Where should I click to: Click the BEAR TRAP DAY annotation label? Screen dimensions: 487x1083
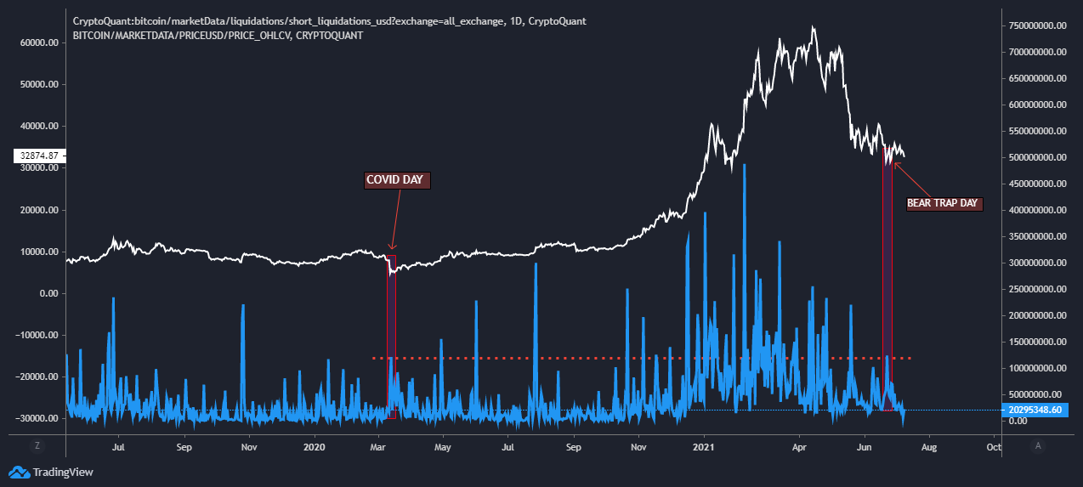[x=944, y=204]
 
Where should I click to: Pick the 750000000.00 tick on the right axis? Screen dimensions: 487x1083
[x=1036, y=25]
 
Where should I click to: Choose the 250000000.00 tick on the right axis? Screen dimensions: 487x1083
[x=1036, y=289]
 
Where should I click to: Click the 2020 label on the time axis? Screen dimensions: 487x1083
[x=315, y=445]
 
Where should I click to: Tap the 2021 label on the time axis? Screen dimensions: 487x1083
[x=704, y=445]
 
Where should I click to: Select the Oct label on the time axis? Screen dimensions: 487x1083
[x=992, y=445]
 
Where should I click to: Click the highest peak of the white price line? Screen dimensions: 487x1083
[x=813, y=27]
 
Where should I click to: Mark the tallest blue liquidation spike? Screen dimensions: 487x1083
[x=745, y=165]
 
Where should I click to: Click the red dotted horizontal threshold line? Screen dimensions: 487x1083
[x=595, y=358]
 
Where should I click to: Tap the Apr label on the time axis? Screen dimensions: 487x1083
[x=799, y=445]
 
